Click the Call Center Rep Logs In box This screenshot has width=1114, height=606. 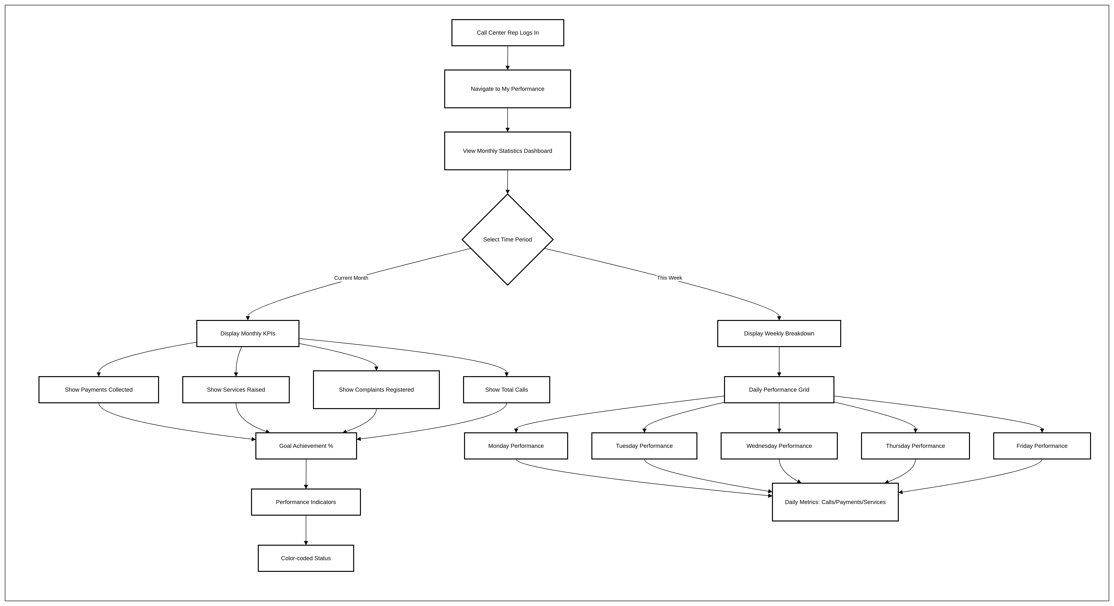[x=508, y=32]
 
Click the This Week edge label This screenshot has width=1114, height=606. [x=669, y=278]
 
